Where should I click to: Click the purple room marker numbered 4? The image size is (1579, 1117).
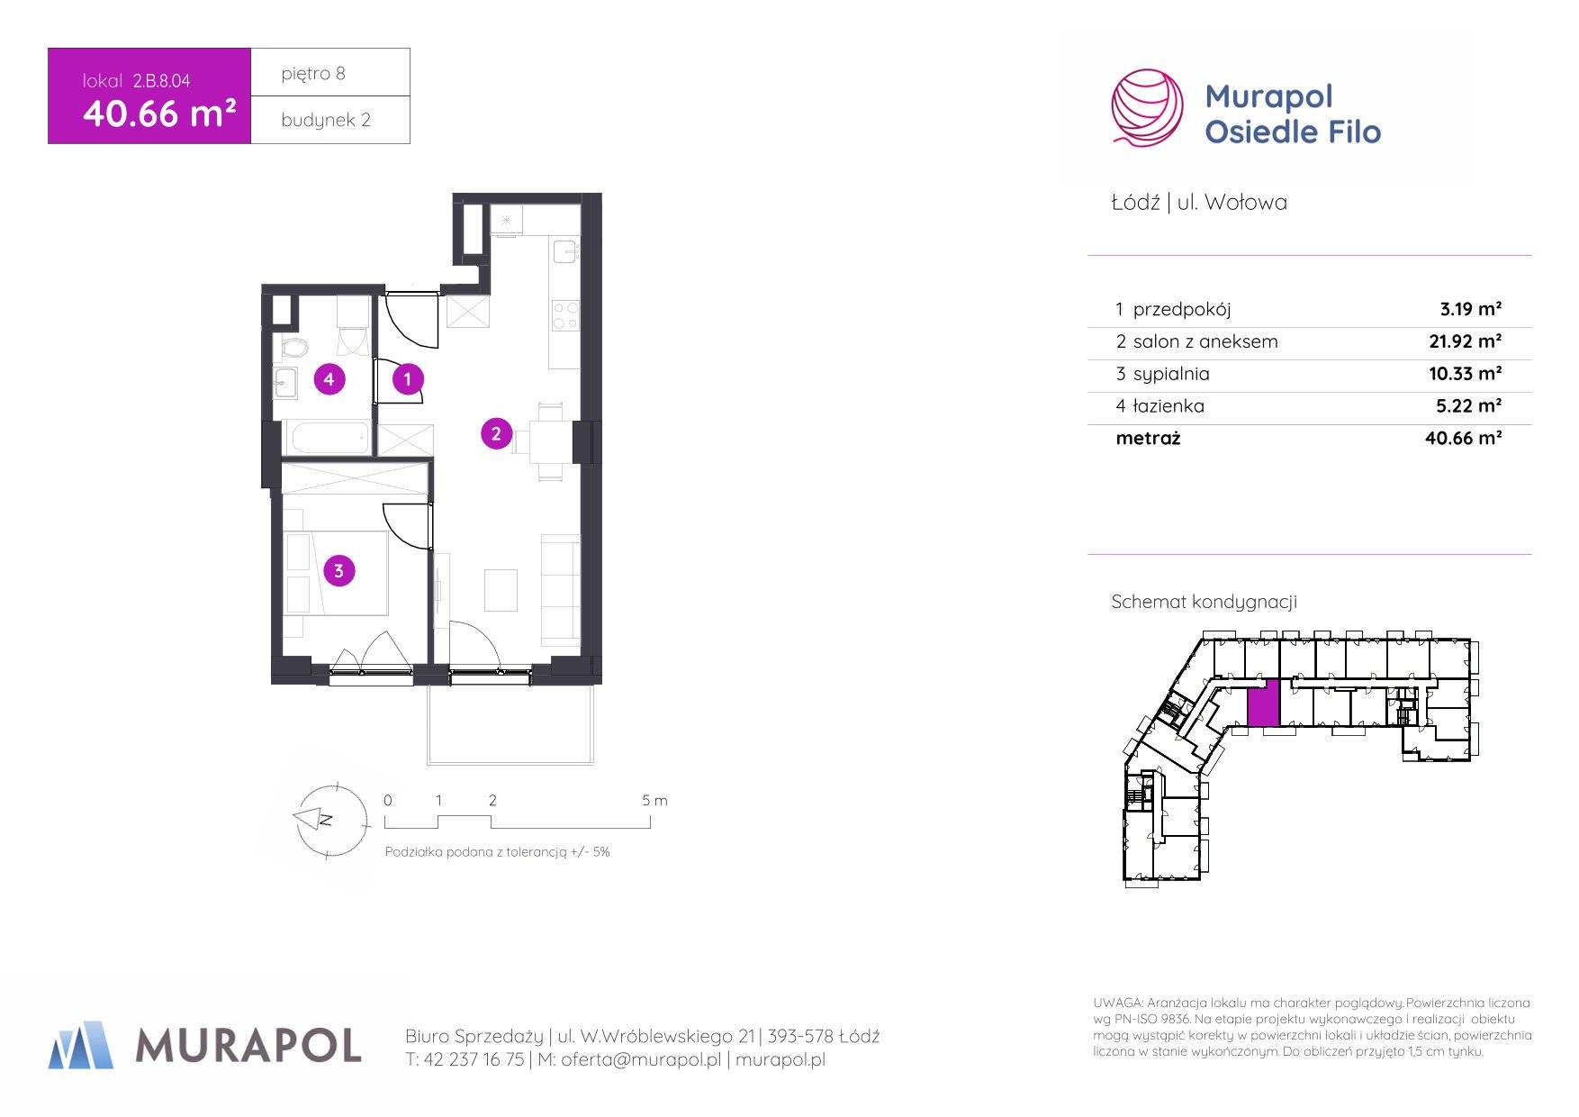point(329,379)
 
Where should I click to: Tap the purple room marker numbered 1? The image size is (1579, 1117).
point(408,379)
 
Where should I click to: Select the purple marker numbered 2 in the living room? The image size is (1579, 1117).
point(496,433)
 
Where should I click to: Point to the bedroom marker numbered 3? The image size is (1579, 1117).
point(338,570)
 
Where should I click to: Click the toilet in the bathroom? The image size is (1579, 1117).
point(292,347)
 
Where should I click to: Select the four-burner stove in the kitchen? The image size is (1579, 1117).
point(565,315)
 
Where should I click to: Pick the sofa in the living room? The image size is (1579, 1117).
point(560,589)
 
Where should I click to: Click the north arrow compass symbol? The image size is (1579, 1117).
point(331,819)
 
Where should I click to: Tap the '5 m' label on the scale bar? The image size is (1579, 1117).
point(654,800)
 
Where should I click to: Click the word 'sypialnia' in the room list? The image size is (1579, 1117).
point(1171,374)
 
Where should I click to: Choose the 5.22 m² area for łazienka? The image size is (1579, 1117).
point(1468,405)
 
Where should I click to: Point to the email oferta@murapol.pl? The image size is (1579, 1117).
point(641,1060)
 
